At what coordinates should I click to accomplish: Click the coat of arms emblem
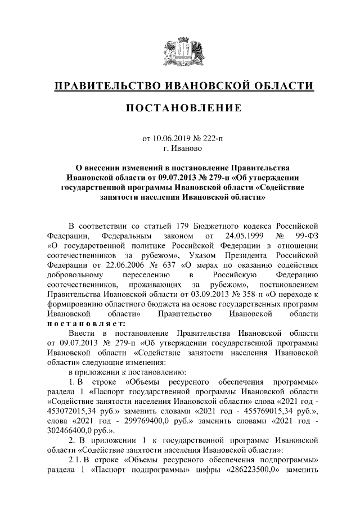point(180,51)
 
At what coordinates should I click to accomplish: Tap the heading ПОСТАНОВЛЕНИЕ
point(180,108)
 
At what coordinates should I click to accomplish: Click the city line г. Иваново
point(180,149)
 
